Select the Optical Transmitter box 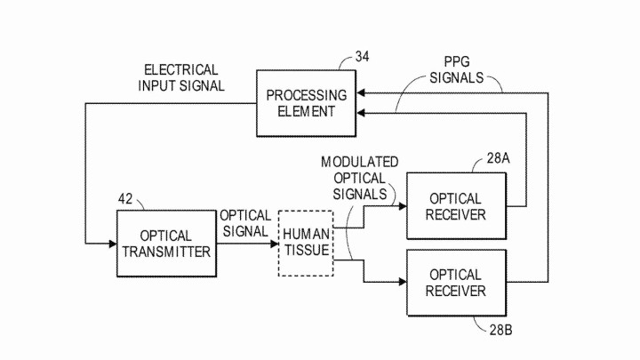tap(166, 244)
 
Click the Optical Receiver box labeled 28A tap(455, 206)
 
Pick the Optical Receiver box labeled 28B tap(455, 284)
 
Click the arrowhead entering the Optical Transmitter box tap(112, 243)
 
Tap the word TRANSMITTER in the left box tap(166, 252)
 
